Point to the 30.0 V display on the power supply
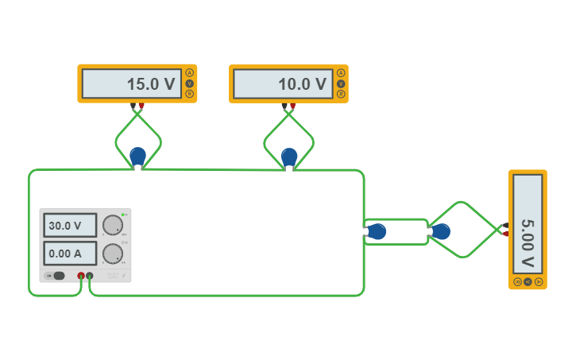pos(70,226)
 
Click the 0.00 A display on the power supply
pos(70,254)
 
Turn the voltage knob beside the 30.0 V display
pos(113,225)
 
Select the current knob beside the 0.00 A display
pos(113,254)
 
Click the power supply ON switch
pos(57,276)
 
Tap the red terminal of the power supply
pos(81,276)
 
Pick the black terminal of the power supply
pos(90,276)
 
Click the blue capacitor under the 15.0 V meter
pos(138,155)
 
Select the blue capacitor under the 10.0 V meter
pos(289,156)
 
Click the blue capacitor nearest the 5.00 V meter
pos(441,231)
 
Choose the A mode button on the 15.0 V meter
pos(189,73)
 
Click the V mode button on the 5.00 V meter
pos(528,281)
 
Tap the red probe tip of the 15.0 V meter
pos(141,106)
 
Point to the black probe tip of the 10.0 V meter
pos(284,106)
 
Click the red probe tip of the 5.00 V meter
pos(505,234)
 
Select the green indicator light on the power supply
pos(124,214)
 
